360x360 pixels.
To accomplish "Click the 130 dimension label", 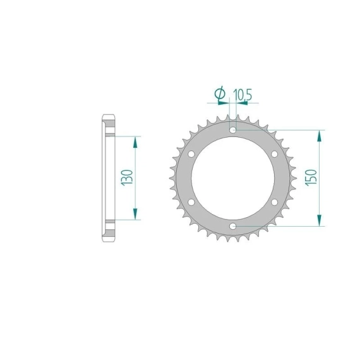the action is [x=127, y=177].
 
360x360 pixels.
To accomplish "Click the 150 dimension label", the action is [x=311, y=177].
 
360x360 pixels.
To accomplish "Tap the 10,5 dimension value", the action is [x=243, y=95].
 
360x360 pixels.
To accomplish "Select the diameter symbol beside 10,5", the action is [x=220, y=93].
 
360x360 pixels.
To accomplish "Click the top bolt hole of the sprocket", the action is [x=233, y=130].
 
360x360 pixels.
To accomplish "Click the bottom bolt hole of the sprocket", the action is [x=233, y=226].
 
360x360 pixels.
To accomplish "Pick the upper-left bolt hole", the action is [x=191, y=154].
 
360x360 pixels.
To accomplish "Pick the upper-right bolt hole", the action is [x=274, y=154].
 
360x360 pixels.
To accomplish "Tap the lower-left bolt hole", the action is [x=191, y=202].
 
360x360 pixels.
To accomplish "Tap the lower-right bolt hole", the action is [x=274, y=202].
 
